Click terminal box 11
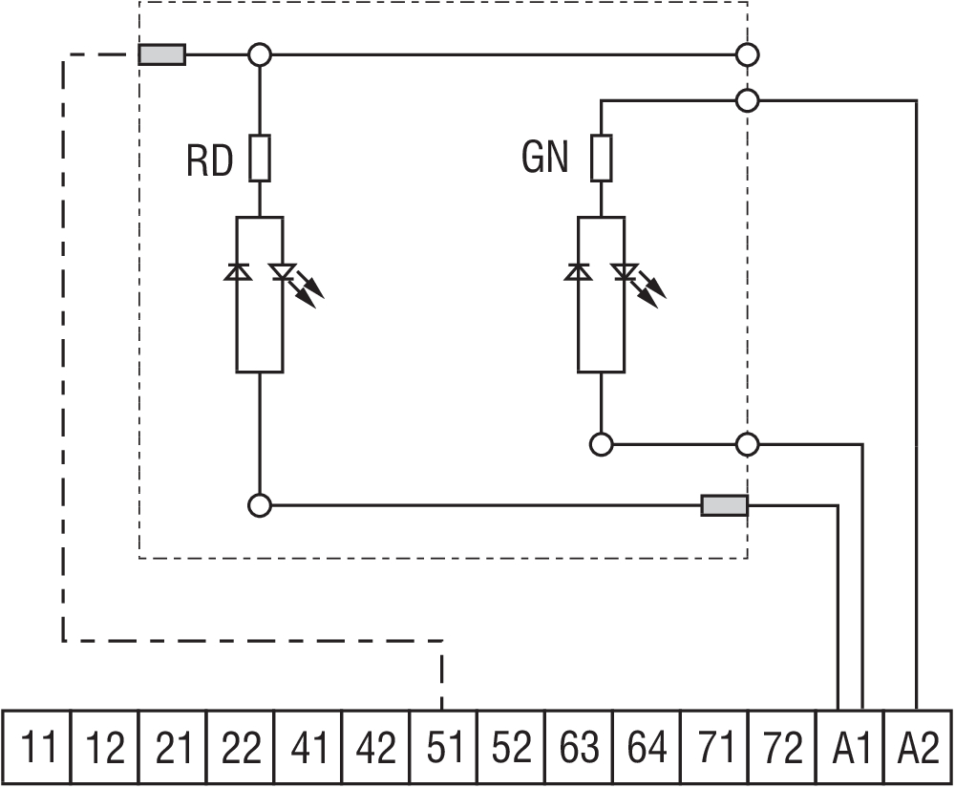(x=39, y=749)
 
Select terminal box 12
(x=105, y=749)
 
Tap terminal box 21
(x=173, y=749)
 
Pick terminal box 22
(x=241, y=749)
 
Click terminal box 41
(x=308, y=749)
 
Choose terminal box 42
(x=376, y=749)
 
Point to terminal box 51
(x=444, y=749)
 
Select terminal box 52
(x=512, y=749)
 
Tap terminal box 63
(x=580, y=749)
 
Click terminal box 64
(x=647, y=749)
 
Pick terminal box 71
(x=715, y=749)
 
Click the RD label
(x=210, y=161)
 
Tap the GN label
(x=545, y=158)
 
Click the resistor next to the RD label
(x=260, y=159)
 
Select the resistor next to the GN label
(x=601, y=158)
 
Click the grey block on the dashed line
(x=162, y=54)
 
